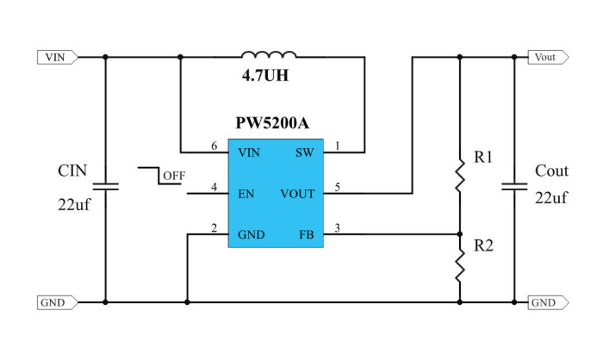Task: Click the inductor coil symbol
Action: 270,55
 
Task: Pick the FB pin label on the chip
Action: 307,234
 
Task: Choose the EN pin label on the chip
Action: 246,194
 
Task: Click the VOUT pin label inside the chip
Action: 297,194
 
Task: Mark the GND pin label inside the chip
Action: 252,234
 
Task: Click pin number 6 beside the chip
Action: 214,146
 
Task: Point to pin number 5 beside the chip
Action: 337,187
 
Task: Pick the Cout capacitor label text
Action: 551,171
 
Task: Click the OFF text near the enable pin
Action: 174,176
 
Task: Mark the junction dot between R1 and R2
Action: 460,234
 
